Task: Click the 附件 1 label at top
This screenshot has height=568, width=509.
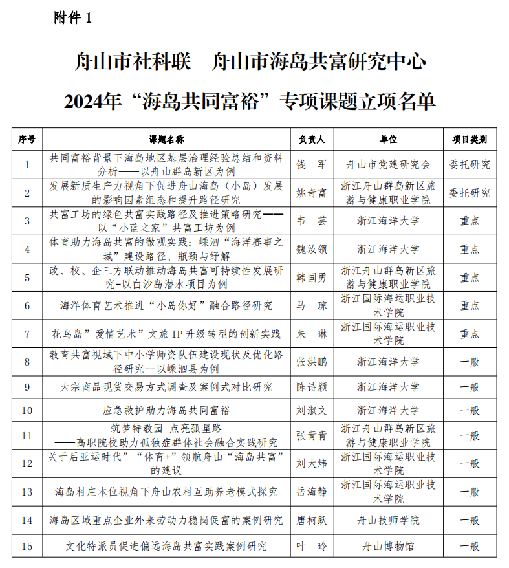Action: coord(73,18)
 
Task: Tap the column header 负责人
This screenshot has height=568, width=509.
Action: coord(311,139)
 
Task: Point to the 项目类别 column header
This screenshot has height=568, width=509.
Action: coord(470,139)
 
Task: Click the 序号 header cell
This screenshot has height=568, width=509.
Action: coord(27,139)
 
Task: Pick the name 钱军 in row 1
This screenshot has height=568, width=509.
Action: coord(311,164)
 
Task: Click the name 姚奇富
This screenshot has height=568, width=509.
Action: coord(311,193)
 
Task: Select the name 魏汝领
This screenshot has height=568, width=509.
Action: coord(311,249)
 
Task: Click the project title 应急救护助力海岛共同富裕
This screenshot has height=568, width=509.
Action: coord(166,410)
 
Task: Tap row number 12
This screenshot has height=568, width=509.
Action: coord(27,463)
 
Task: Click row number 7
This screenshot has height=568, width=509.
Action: coord(27,334)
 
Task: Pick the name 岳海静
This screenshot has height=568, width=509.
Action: coord(311,492)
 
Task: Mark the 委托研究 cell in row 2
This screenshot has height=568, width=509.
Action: coord(470,193)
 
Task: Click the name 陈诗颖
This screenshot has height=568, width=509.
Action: coord(311,387)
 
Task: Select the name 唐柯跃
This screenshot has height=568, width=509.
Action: coord(311,520)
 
